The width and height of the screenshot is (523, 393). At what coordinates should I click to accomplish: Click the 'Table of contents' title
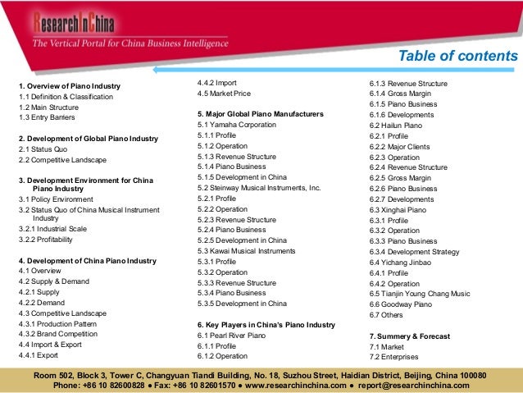(x=457, y=56)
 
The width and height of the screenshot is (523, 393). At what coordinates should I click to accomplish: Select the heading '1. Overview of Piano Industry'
(x=70, y=86)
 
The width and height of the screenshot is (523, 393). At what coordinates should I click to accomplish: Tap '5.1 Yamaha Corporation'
(x=237, y=124)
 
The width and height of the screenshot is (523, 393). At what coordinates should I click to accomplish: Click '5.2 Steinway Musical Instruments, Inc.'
(x=258, y=188)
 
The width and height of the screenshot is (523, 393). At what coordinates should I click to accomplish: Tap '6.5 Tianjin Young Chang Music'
(x=420, y=294)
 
